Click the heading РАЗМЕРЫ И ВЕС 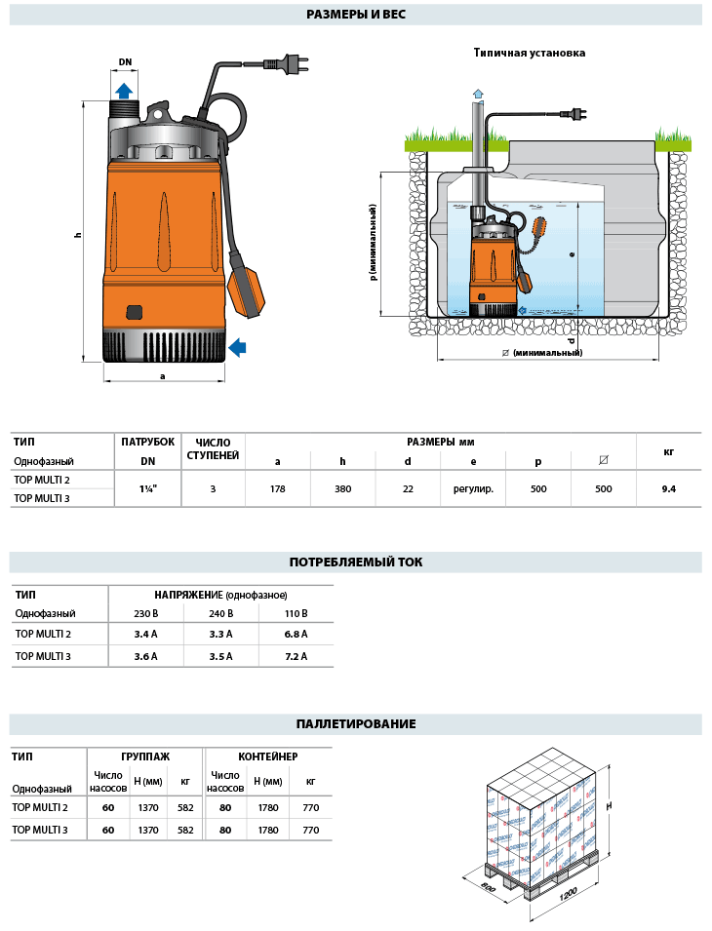[x=355, y=15]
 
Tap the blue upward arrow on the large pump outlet [x=124, y=91]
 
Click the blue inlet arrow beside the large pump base [x=237, y=346]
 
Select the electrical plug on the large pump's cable [x=290, y=64]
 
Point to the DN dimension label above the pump [x=125, y=62]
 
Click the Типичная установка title [x=530, y=53]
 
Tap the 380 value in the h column [x=342, y=488]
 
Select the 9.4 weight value [x=668, y=488]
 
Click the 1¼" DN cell [x=148, y=488]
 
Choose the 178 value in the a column [x=278, y=488]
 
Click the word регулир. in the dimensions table [x=473, y=488]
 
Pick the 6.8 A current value [x=294, y=634]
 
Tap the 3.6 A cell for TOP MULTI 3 [x=146, y=656]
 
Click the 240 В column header [x=221, y=613]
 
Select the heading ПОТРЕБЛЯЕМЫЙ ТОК [x=355, y=562]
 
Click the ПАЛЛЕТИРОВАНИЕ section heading [x=355, y=723]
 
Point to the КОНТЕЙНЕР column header [x=268, y=756]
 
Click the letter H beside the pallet [x=608, y=806]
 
